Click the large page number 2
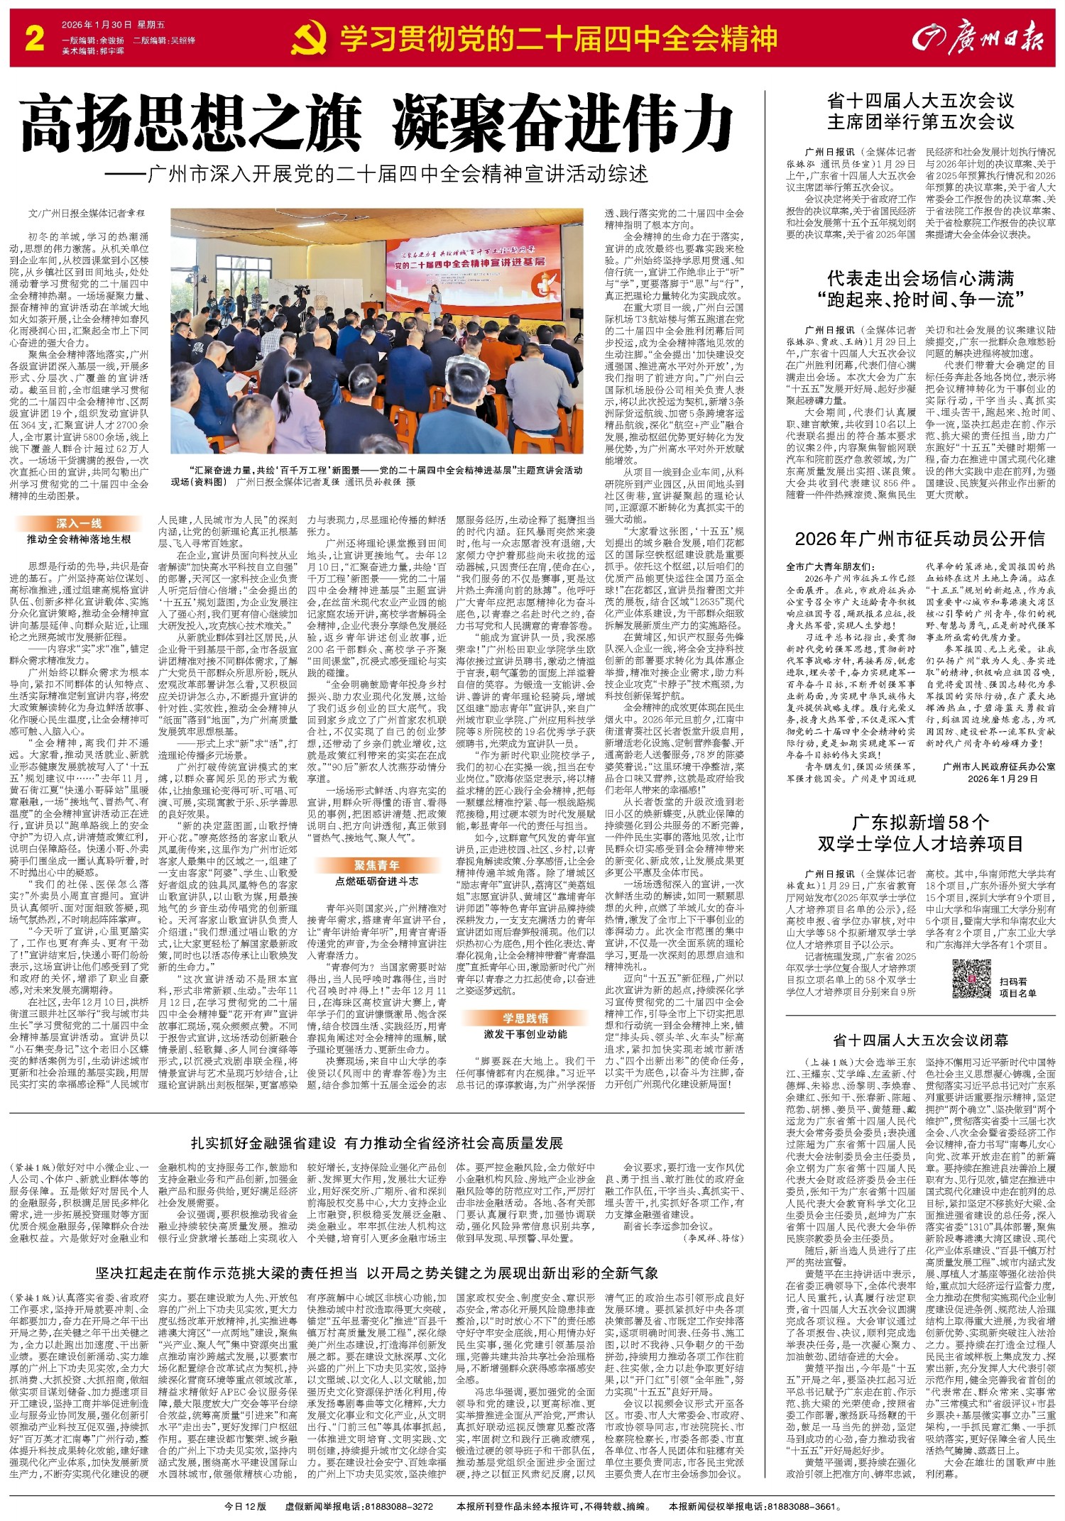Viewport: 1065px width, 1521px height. [x=34, y=38]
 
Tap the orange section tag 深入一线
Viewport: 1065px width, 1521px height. [x=79, y=524]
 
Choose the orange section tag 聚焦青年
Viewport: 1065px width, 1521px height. [x=377, y=865]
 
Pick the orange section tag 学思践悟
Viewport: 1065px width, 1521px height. [x=526, y=1018]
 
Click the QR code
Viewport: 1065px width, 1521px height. [x=971, y=982]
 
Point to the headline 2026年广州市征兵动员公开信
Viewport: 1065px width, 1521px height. [x=919, y=539]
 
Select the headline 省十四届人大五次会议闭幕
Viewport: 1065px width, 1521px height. [x=920, y=1041]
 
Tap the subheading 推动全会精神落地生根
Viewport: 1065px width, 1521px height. [x=79, y=539]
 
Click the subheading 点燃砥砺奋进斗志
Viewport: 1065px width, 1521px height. [x=377, y=881]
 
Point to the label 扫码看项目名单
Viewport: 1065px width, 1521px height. [x=1018, y=987]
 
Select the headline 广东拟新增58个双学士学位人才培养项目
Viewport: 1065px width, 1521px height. [x=920, y=833]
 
